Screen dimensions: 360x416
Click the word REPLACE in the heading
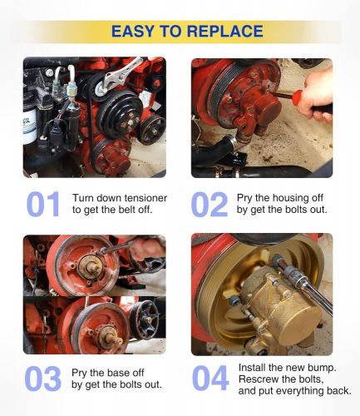pos(225,31)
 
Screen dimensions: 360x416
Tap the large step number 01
pos(43,204)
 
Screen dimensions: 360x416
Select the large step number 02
pos(210,204)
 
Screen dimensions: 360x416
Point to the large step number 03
pos(43,379)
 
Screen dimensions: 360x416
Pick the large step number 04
pos(210,378)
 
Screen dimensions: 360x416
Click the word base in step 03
pos(118,373)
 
